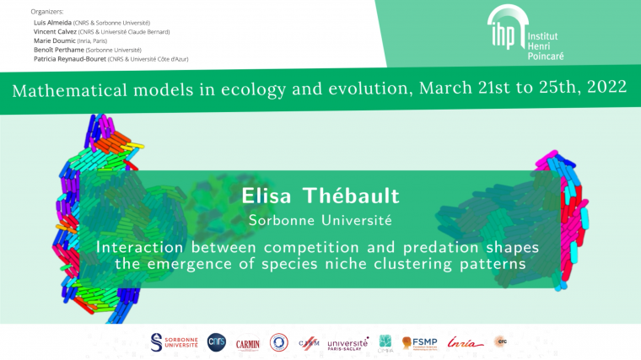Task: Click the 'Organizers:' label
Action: click(47, 12)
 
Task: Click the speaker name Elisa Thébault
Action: click(320, 196)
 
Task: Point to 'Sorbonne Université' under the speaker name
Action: click(320, 220)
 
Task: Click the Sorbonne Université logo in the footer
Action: click(174, 341)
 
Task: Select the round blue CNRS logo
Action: click(217, 341)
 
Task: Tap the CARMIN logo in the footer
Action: click(247, 342)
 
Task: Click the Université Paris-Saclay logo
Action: click(347, 342)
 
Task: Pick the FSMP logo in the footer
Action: click(420, 342)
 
